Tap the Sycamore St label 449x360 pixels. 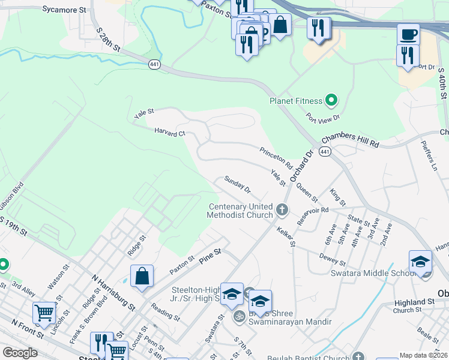point(65,10)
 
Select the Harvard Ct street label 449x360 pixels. point(169,132)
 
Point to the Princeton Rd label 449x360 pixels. point(276,158)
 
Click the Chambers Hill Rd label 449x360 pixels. point(351,141)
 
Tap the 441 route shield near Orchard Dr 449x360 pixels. point(325,152)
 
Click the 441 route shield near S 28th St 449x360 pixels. point(154,65)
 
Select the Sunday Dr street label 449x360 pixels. point(237,184)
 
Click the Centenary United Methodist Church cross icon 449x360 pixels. point(282,211)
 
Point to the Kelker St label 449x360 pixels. point(286,236)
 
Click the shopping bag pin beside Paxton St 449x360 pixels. point(142,276)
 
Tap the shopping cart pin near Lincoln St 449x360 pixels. point(44,312)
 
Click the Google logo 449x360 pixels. point(20,352)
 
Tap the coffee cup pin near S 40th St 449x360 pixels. point(408,34)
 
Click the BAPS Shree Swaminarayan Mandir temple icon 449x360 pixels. point(238,316)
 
